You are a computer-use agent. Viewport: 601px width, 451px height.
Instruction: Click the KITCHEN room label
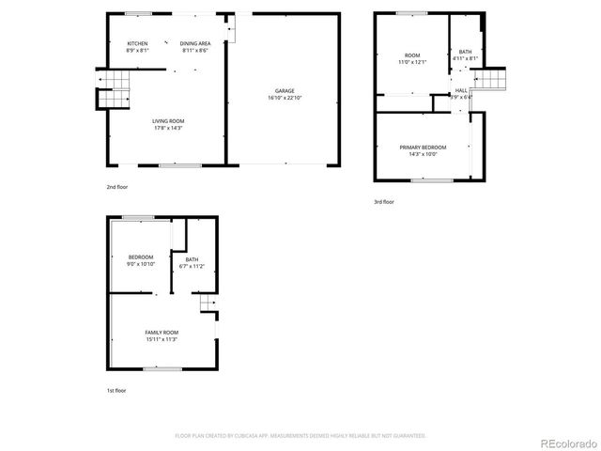(137, 44)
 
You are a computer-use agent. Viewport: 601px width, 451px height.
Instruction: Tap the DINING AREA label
(194, 44)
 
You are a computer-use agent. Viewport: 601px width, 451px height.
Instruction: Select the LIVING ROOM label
(168, 120)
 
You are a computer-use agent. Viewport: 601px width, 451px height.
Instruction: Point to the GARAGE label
(285, 91)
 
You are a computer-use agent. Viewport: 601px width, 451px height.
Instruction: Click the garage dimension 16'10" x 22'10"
(285, 98)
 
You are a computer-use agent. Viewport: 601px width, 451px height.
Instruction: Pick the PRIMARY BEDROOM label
(423, 148)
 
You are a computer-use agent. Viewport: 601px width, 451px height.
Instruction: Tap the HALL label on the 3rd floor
(461, 90)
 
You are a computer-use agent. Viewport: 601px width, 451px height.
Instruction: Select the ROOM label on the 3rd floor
(412, 55)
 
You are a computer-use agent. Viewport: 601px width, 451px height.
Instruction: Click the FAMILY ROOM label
(162, 333)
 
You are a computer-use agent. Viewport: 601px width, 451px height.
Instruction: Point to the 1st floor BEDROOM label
(141, 257)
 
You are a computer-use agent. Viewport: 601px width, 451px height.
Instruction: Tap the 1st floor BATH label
(192, 260)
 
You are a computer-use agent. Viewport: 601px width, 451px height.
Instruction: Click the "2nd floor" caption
(117, 187)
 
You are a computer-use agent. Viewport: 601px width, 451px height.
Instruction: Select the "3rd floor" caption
(383, 201)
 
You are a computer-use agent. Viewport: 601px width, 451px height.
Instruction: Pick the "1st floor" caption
(115, 390)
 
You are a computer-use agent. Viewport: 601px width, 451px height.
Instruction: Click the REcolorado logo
(564, 443)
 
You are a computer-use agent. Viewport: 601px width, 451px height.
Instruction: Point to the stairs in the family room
(207, 303)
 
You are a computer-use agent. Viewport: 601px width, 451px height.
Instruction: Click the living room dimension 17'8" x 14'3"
(168, 127)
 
